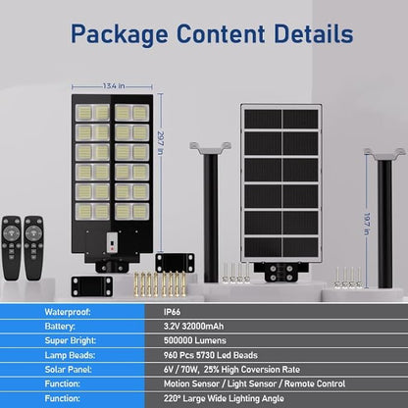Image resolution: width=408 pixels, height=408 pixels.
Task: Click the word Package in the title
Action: [120, 34]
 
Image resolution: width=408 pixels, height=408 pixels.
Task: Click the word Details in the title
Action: [314, 33]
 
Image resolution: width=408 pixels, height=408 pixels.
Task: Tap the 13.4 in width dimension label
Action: [114, 86]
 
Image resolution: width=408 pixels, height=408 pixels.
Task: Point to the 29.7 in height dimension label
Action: [160, 143]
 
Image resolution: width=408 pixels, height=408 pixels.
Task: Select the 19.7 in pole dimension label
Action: [367, 224]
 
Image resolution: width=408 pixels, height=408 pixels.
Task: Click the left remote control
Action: [12, 247]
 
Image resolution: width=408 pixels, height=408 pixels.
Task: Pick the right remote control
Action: [33, 247]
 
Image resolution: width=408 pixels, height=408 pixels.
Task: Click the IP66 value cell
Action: [172, 312]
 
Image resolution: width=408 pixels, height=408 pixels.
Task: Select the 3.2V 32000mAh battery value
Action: [194, 327]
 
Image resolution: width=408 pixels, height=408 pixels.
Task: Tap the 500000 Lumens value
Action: [195, 340]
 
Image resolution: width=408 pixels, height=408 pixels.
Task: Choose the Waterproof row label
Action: [68, 312]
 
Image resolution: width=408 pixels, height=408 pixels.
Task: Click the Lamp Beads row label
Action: [70, 355]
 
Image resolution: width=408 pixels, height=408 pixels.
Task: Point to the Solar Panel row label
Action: [68, 370]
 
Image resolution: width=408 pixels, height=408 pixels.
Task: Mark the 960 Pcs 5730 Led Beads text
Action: [211, 355]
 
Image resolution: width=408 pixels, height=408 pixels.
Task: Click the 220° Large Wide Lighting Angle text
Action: [224, 399]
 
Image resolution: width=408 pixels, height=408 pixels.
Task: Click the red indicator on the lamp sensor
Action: [112, 248]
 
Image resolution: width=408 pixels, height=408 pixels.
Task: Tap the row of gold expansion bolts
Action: [160, 283]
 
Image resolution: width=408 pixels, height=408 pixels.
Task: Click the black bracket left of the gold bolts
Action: [92, 286]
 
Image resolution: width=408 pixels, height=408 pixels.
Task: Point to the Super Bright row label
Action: [71, 341]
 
